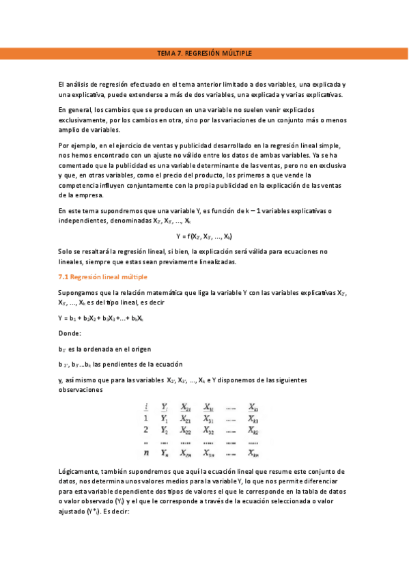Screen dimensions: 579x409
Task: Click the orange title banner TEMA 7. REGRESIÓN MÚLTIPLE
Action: pyautogui.click(x=204, y=53)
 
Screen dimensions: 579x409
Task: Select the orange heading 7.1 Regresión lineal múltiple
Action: pyautogui.click(x=102, y=277)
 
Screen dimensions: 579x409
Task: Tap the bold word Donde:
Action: pyautogui.click(x=70, y=333)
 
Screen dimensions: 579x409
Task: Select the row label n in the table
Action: pyautogui.click(x=145, y=452)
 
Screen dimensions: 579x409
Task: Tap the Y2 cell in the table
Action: pyautogui.click(x=164, y=430)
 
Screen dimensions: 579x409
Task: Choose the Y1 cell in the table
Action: pyautogui.click(x=164, y=419)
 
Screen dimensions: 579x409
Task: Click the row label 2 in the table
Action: pyautogui.click(x=145, y=430)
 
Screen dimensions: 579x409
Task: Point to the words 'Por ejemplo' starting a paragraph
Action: pyautogui.click(x=75, y=146)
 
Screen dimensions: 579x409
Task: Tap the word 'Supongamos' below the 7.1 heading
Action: pyautogui.click(x=79, y=292)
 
